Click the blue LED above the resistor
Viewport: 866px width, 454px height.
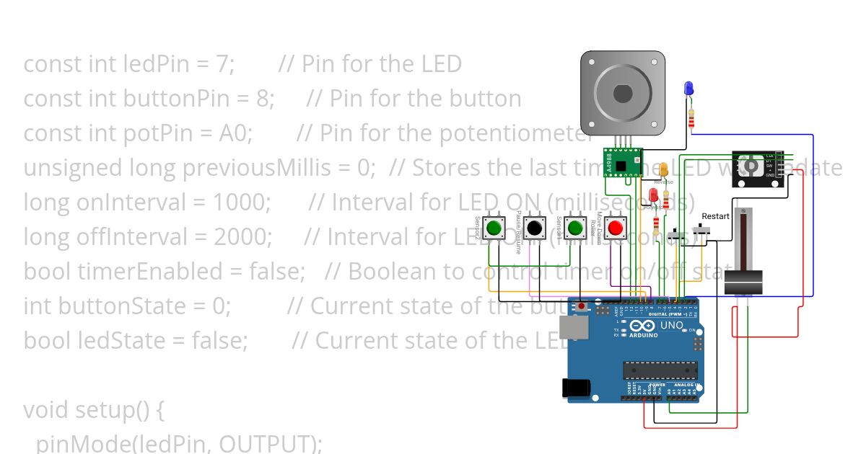coord(688,89)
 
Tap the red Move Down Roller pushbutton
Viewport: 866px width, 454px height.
coord(615,228)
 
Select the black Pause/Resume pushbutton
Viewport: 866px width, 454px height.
coord(534,228)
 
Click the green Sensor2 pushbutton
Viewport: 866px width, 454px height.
coord(494,228)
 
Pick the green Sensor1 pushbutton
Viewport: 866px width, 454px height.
coord(574,228)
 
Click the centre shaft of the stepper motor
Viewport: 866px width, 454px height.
coord(622,94)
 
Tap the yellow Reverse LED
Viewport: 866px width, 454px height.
coord(664,169)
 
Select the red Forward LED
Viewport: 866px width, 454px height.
coord(654,194)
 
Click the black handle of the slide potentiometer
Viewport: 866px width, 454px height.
coord(743,282)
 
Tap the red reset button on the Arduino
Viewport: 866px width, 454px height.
coord(582,306)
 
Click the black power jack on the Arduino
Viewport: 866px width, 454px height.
coord(577,388)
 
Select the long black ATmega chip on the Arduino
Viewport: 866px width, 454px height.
coord(660,370)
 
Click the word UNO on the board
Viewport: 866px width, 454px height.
coord(672,326)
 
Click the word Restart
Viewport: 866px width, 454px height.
coord(715,215)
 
